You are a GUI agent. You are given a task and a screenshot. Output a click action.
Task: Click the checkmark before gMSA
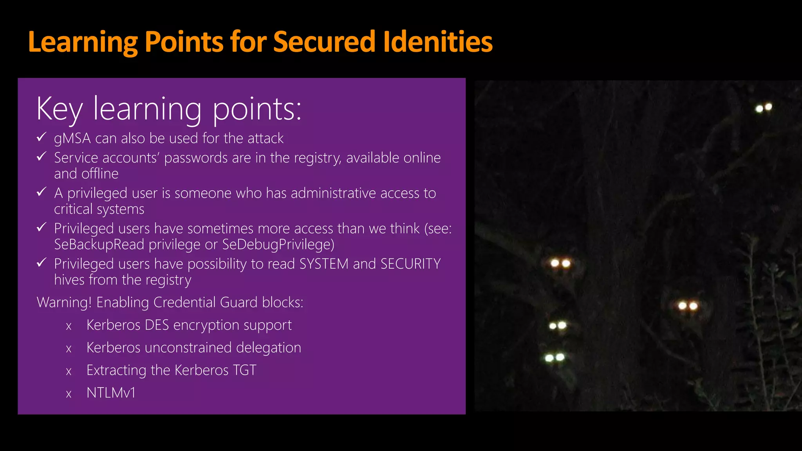pyautogui.click(x=42, y=137)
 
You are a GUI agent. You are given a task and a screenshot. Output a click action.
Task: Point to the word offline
pyautogui.click(x=100, y=174)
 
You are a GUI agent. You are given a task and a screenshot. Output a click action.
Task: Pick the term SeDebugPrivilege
pyautogui.click(x=278, y=245)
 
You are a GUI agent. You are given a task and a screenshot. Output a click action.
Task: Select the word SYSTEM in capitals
pyautogui.click(x=323, y=264)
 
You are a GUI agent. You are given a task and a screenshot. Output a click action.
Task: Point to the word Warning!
pyautogui.click(x=64, y=303)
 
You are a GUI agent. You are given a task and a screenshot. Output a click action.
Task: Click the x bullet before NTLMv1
pyautogui.click(x=69, y=394)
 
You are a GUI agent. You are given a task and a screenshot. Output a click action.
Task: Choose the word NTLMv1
pyautogui.click(x=111, y=393)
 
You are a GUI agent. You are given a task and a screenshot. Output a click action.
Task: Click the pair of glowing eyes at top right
pyautogui.click(x=764, y=108)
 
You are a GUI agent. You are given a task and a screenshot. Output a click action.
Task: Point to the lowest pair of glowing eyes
pyautogui.click(x=555, y=357)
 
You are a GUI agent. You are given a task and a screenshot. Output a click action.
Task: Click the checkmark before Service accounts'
pyautogui.click(x=42, y=157)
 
